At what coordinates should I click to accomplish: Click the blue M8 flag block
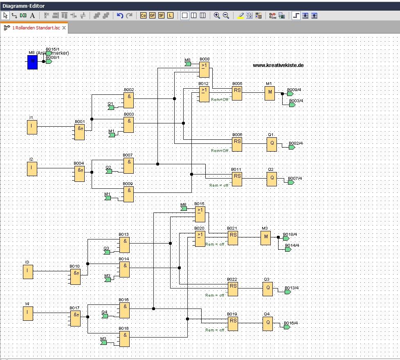32,62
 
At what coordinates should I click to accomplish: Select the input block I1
32,127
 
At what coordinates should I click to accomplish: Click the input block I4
27,313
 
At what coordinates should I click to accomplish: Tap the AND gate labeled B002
129,100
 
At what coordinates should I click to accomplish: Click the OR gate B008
204,70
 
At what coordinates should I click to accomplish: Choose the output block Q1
272,145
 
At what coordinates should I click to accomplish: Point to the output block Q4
268,324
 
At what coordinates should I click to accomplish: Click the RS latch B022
233,289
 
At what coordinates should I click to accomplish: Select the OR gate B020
200,239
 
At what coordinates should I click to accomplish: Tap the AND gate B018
124,338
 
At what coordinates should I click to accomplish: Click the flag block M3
265,237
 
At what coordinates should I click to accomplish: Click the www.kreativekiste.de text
278,65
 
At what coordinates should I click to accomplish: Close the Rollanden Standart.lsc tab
64,28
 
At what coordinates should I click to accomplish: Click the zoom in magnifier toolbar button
217,16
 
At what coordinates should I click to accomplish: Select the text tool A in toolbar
32,16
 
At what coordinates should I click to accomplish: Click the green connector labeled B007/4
291,182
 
